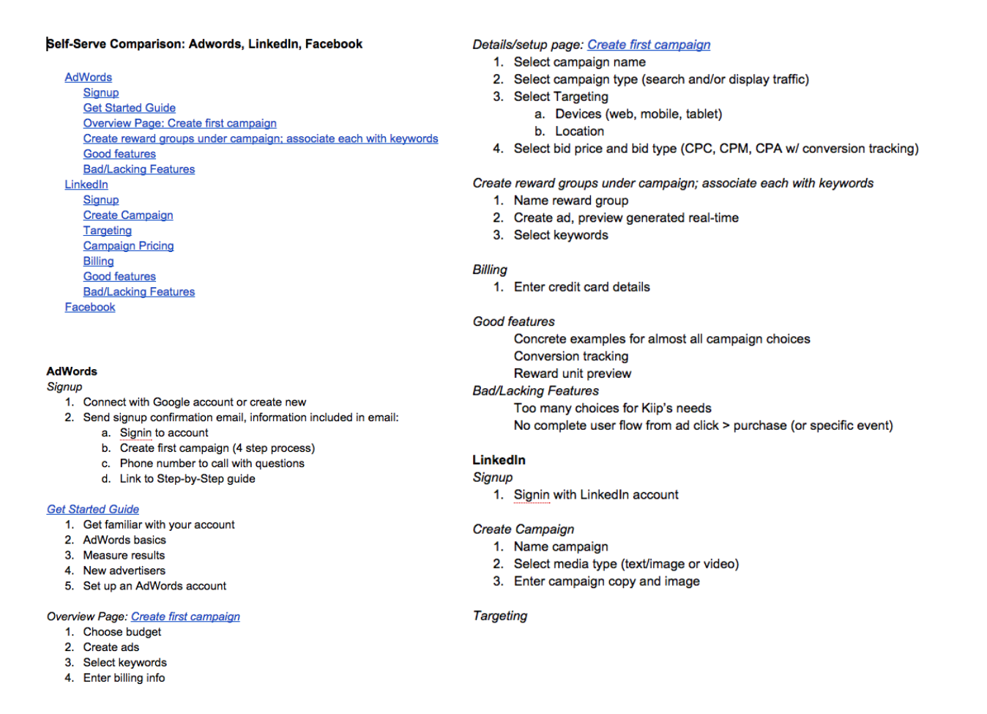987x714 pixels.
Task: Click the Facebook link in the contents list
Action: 90,308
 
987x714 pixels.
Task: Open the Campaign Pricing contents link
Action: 128,246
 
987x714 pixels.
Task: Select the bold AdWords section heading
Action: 72,371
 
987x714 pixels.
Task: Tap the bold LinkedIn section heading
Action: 499,460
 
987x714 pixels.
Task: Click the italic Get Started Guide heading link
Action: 93,510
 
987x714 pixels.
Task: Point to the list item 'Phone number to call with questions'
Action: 212,464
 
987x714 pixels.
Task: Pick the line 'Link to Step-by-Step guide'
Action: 187,479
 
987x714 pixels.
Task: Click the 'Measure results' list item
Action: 124,556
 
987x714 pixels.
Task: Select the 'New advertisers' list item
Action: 124,571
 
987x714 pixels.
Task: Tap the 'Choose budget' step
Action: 122,632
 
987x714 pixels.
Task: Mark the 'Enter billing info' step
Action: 124,678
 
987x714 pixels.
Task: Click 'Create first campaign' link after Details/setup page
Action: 649,45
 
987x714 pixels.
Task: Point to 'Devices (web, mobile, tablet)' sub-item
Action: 638,114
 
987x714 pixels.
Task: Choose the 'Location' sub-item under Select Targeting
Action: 579,132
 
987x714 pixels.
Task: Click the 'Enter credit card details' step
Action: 581,287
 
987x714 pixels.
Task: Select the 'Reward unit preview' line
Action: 572,373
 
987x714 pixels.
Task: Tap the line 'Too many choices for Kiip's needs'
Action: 612,409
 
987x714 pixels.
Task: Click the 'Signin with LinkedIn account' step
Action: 596,495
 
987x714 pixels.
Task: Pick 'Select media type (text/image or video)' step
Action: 626,564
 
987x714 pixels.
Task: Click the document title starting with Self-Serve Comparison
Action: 204,44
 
